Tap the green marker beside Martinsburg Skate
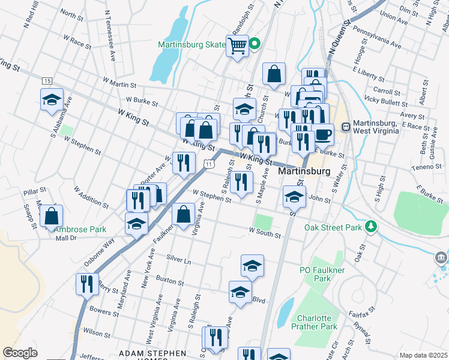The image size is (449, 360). [255, 44]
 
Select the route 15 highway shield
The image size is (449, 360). [47, 80]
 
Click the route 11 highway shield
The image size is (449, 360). [208, 164]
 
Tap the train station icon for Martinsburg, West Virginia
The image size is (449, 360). [346, 127]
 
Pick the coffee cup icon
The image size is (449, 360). [324, 134]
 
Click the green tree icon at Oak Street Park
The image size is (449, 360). [372, 226]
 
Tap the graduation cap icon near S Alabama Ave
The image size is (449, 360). [52, 98]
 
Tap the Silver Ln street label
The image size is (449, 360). [178, 262]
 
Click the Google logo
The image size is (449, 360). [20, 353]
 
